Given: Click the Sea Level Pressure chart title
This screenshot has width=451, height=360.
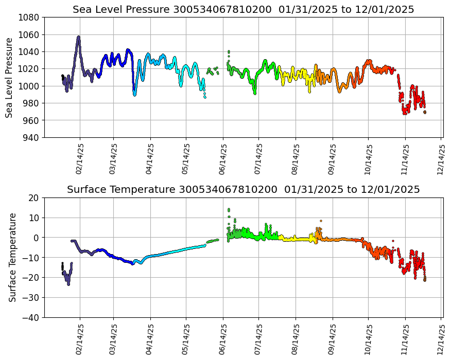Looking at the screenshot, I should coord(243,10).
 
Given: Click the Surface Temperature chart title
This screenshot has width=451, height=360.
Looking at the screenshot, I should coord(243,190).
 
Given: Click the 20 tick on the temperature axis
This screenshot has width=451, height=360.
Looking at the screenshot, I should coord(34,197).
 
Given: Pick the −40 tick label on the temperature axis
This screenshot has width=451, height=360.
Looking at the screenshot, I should coord(30,318).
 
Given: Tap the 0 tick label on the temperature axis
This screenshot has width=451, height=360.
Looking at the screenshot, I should coord(37,238).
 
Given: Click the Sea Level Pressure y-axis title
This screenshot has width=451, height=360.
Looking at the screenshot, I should coord(10,77).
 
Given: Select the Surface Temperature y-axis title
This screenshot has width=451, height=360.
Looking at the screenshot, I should coord(12,257).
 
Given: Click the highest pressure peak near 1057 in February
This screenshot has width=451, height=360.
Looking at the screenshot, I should coord(79,37).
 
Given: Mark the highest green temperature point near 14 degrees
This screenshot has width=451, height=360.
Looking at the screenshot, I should coord(229,209).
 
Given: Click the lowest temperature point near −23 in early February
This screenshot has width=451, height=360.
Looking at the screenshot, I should coord(68,284).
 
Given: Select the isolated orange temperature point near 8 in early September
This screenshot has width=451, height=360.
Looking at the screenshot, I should coord(321,221).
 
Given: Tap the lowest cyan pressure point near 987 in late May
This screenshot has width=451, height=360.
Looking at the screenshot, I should coord(205,97).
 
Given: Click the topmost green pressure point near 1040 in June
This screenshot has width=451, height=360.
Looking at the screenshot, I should coord(229,51).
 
